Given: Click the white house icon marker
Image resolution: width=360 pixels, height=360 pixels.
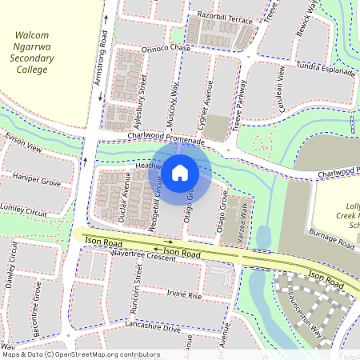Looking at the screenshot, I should coord(180,172).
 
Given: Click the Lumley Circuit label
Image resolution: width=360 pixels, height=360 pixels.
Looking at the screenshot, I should coord(24,211).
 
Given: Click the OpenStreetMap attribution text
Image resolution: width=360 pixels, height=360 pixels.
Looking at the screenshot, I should coord(80,354).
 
